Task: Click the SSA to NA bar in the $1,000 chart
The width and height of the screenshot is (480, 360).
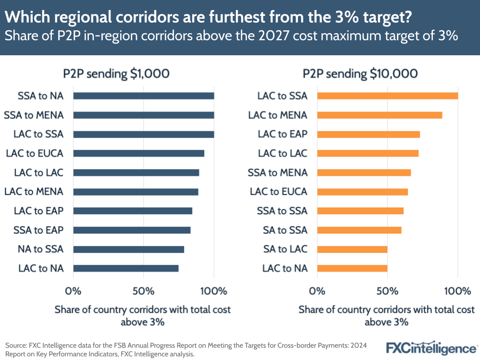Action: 143,96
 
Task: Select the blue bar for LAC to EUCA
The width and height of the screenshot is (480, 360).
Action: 138,153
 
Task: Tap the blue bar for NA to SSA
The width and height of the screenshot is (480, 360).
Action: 128,249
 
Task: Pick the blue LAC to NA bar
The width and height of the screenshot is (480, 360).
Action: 125,268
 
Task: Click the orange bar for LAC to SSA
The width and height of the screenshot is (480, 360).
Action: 387,96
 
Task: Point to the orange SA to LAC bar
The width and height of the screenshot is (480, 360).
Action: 352,249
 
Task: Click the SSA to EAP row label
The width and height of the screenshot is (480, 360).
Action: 38,230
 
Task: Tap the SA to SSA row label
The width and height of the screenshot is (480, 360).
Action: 285,230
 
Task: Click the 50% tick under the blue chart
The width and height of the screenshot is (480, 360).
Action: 143,291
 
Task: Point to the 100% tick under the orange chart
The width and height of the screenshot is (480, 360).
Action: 457,291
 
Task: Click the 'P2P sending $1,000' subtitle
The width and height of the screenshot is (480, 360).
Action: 116,74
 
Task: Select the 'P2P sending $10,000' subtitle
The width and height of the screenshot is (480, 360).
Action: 360,74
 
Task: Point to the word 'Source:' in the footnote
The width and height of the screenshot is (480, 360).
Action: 17,345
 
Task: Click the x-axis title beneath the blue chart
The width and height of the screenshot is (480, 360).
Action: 143,315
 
